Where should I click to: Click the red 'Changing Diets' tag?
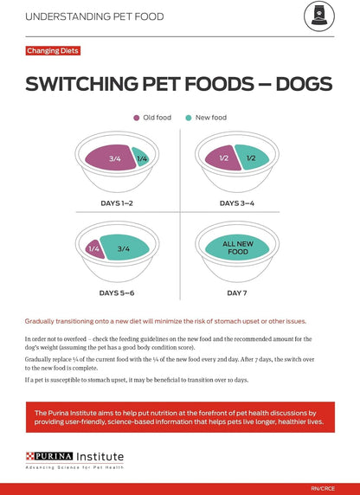[53, 51]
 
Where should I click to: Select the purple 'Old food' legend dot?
[137, 117]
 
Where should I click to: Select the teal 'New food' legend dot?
[189, 117]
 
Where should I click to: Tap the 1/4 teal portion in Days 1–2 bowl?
[141, 158]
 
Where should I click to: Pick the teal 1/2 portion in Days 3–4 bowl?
[252, 158]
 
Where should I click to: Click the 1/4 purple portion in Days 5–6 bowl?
[93, 248]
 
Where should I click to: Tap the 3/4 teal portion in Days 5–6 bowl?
[124, 248]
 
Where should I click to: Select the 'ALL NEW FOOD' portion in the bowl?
[236, 248]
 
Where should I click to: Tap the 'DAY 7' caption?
[237, 294]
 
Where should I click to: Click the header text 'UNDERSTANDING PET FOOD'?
[93, 16]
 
